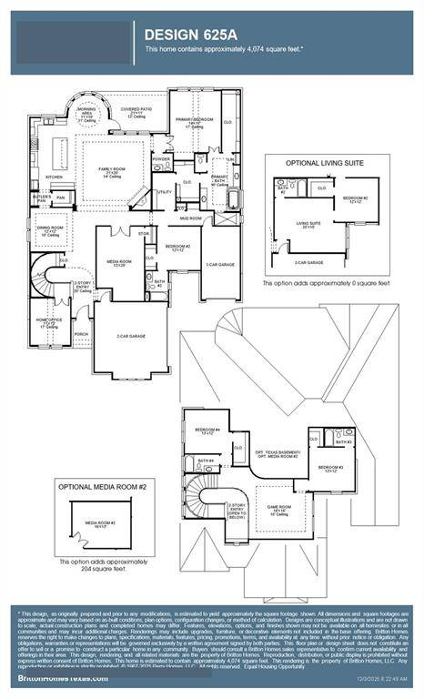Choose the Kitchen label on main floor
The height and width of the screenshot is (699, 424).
[55, 177]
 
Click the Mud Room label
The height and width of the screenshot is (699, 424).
[190, 218]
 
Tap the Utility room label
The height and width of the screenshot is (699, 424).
[165, 192]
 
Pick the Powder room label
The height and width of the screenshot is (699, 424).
[162, 159]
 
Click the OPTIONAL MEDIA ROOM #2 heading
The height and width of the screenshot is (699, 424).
[103, 487]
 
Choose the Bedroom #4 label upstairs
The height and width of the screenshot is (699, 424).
[207, 431]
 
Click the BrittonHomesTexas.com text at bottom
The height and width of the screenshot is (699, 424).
[55, 679]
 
